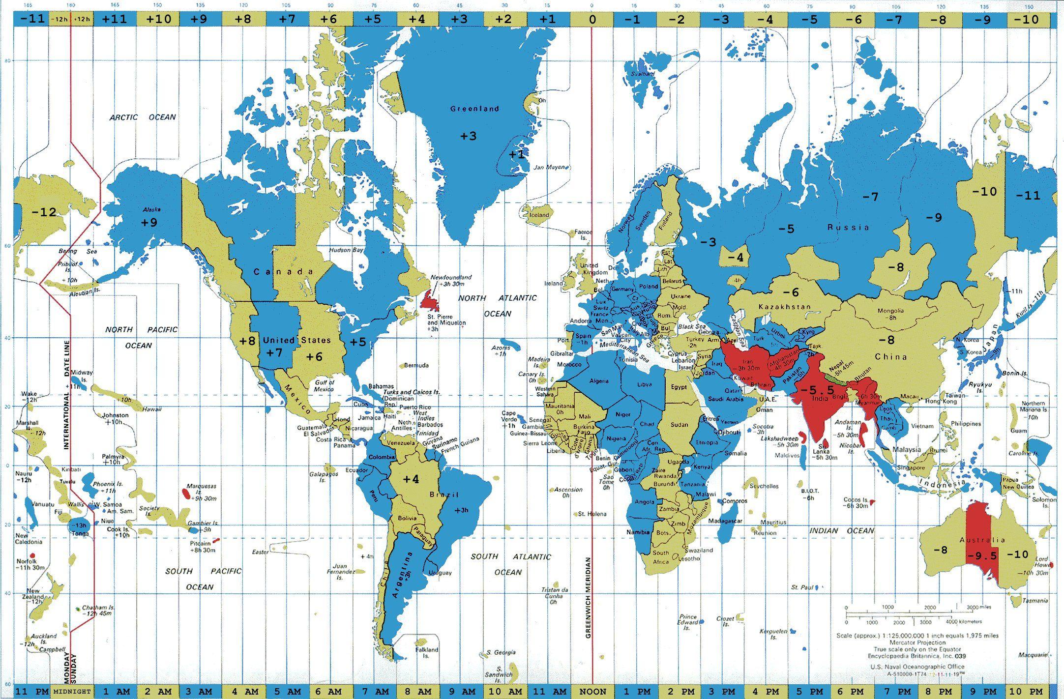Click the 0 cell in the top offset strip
click(x=592, y=19)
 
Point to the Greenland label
click(x=474, y=109)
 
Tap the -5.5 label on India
click(x=817, y=390)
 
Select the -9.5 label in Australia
click(x=982, y=555)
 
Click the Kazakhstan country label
click(x=784, y=307)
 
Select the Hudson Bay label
click(x=347, y=250)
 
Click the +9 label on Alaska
click(x=149, y=222)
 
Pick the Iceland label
click(x=539, y=215)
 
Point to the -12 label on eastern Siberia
click(x=44, y=212)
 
